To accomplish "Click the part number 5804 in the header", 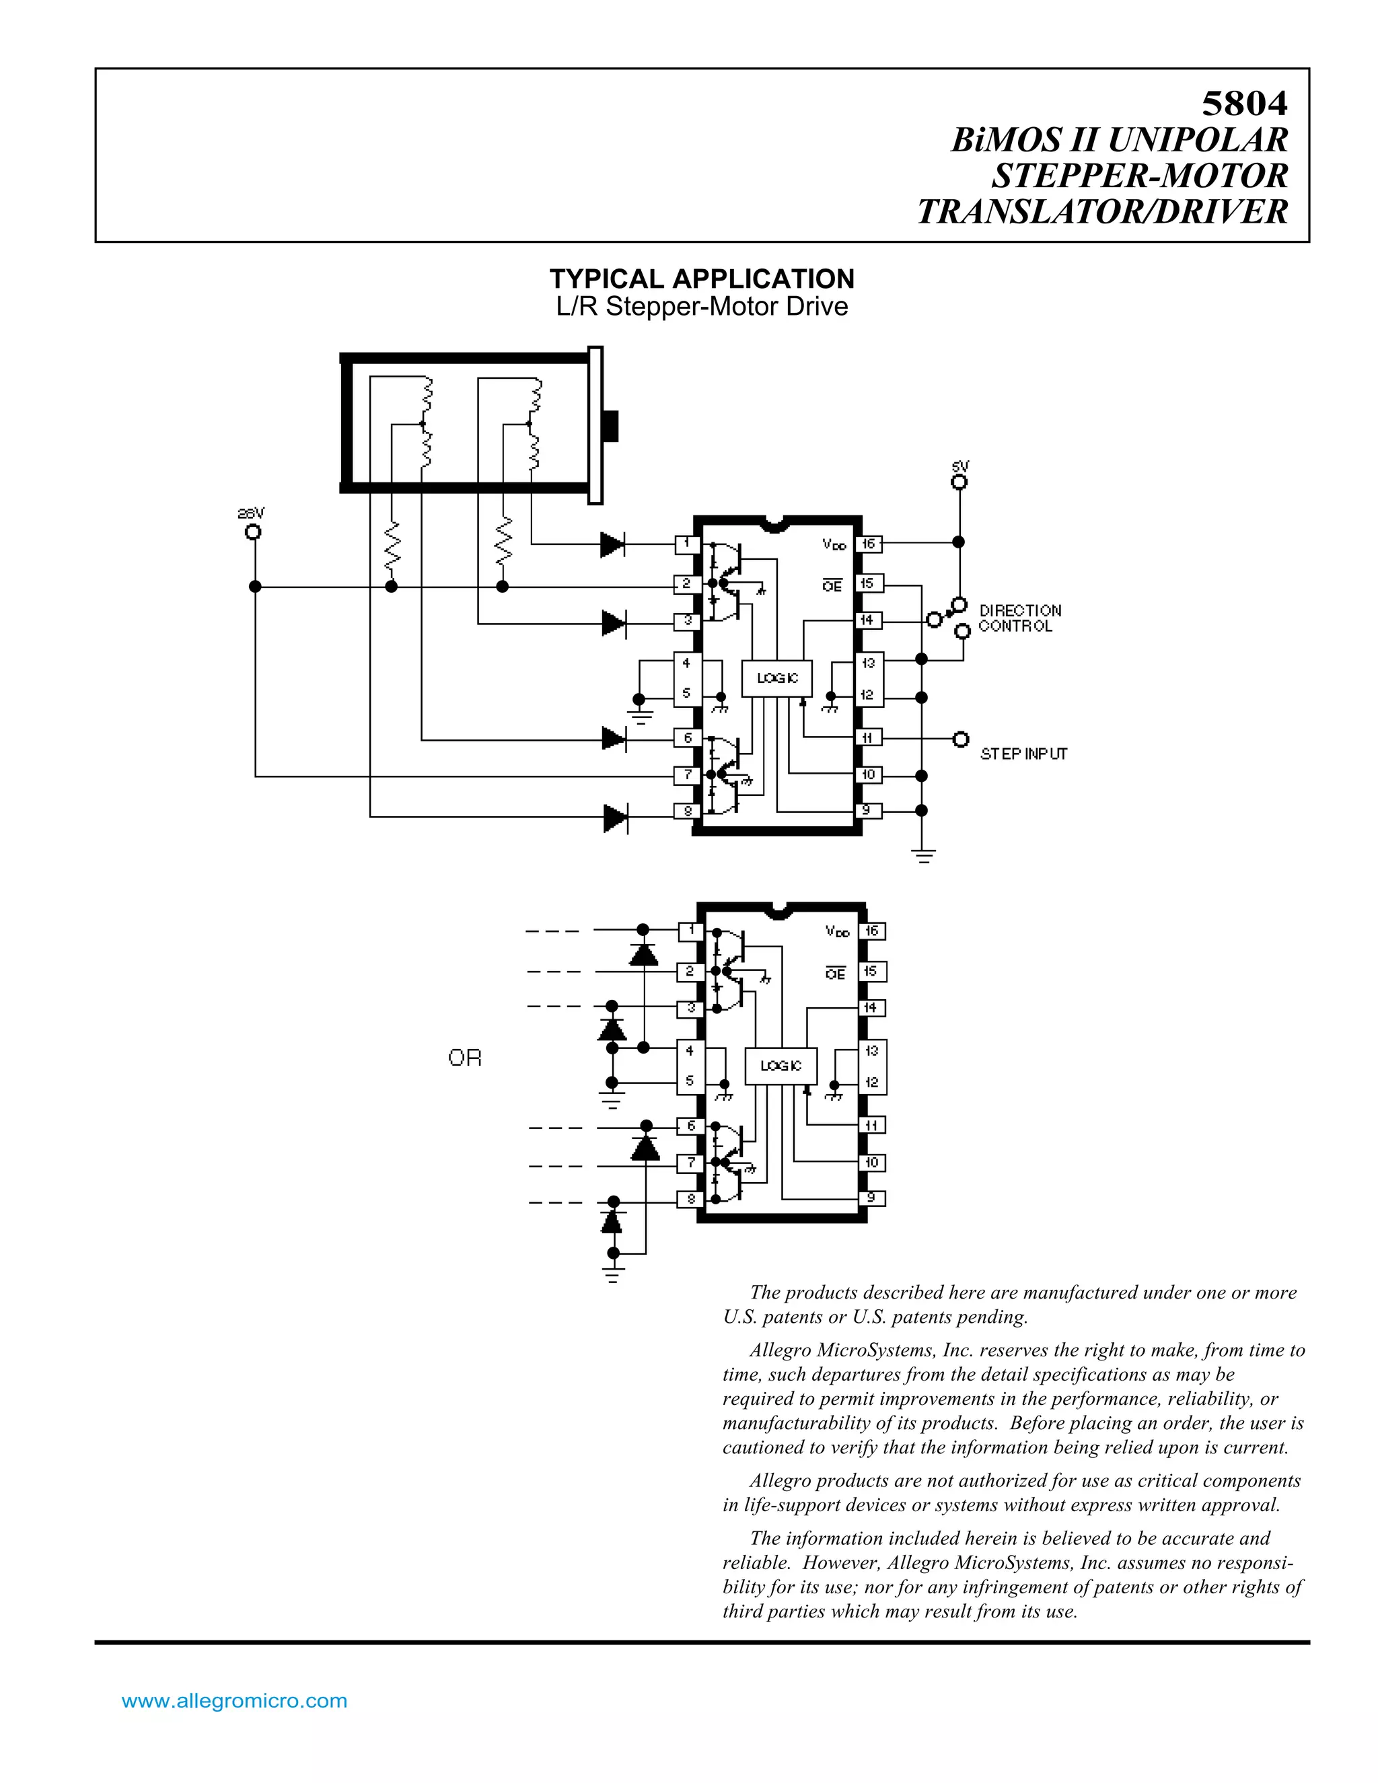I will pos(1244,104).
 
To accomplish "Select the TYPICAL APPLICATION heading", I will pos(701,279).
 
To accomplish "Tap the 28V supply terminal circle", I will pos(254,532).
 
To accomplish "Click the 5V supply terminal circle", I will pos(959,482).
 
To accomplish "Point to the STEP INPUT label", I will pos(1023,754).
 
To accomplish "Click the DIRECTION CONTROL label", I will pos(1019,618).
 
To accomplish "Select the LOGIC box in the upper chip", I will pos(776,678).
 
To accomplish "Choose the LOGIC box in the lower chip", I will pos(781,1065).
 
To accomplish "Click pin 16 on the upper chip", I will pos(868,543).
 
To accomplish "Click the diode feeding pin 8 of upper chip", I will pos(615,817).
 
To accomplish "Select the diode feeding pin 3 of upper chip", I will pos(613,624).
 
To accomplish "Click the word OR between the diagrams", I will pos(464,1058).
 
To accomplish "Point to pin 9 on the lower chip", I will pos(871,1198).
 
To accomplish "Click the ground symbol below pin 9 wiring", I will pos(923,857).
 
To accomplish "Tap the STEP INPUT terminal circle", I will pos(961,738).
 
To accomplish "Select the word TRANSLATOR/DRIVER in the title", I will pos(1102,211).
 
